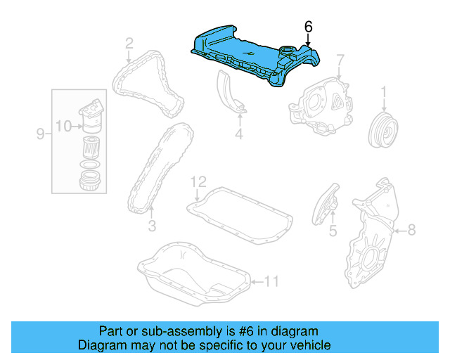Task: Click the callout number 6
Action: coord(307,26)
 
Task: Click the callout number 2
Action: coord(129,44)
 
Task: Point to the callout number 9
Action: coord(40,132)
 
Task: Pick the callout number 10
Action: coord(63,127)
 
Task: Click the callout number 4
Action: coord(238,134)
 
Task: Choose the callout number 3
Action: coord(151,226)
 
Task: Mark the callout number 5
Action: coord(333,230)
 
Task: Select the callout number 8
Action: coord(412,229)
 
